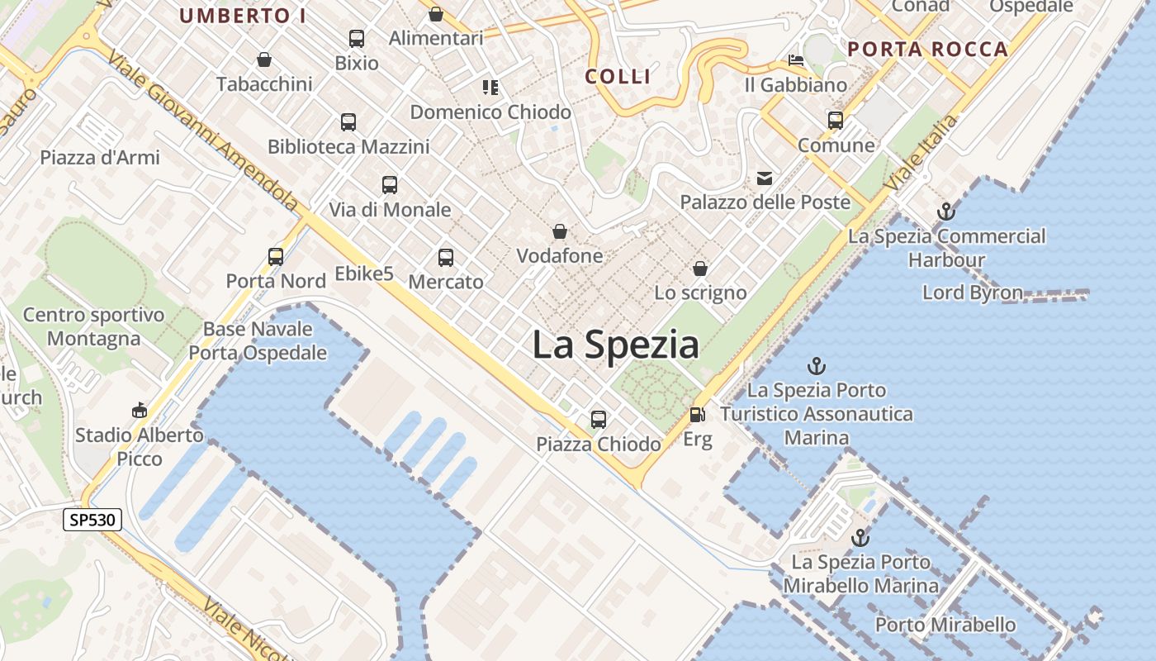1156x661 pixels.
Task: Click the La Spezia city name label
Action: (615, 345)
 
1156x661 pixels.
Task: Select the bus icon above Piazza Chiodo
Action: (599, 420)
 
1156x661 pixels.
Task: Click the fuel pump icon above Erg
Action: (698, 415)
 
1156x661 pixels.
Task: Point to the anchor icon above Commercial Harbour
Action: (946, 212)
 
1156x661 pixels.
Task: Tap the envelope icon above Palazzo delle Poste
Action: (765, 178)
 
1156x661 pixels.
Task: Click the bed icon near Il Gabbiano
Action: (796, 60)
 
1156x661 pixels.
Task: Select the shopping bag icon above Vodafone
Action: (560, 231)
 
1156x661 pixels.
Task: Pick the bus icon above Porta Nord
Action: (276, 257)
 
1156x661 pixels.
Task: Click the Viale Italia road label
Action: (922, 154)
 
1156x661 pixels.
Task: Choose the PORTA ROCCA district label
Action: (928, 49)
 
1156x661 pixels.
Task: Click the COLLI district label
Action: (618, 77)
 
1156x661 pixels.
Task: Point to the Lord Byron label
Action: (972, 292)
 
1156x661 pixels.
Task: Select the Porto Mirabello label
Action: (945, 625)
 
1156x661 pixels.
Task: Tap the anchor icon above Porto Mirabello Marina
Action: (860, 538)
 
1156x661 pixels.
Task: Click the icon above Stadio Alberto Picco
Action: (140, 410)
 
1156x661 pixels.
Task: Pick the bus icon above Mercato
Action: (446, 258)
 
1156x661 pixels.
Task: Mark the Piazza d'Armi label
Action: (100, 157)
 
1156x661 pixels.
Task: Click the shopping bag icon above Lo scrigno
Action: (700, 269)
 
